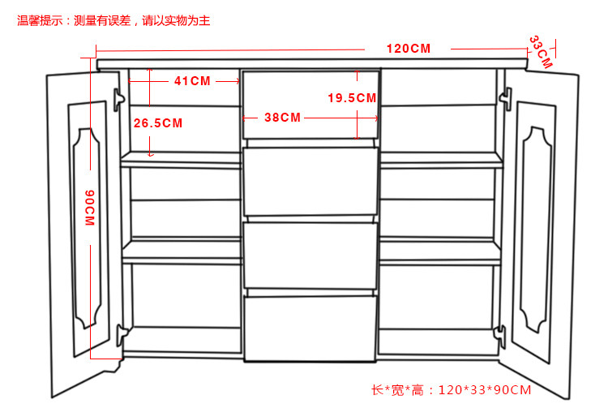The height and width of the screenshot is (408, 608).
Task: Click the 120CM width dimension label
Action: pyautogui.click(x=408, y=49)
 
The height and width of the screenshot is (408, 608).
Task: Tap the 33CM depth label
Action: pyautogui.click(x=540, y=51)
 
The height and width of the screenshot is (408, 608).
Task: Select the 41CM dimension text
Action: pyautogui.click(x=192, y=81)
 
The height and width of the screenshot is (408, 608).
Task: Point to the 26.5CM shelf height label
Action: pyautogui.click(x=158, y=123)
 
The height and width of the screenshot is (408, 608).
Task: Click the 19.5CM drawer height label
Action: pyautogui.click(x=352, y=98)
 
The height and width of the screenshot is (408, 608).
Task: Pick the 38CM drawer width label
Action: pyautogui.click(x=282, y=117)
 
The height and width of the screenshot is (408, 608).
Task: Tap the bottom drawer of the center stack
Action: pyautogui.click(x=310, y=329)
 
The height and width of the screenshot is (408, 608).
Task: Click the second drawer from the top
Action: pyautogui.click(x=310, y=183)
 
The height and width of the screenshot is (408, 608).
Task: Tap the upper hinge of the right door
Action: pyautogui.click(x=505, y=99)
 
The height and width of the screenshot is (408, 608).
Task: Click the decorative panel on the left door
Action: pyautogui.click(x=86, y=227)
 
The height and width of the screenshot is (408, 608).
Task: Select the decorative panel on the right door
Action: pyautogui.click(x=537, y=227)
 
